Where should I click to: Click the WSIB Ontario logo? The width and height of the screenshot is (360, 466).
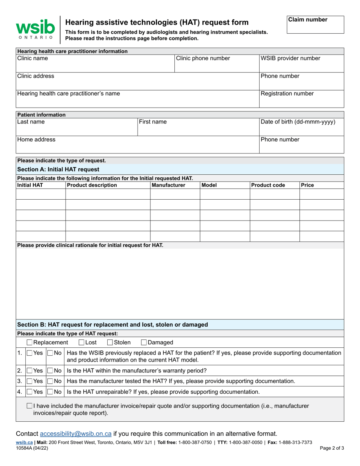pos(35,30)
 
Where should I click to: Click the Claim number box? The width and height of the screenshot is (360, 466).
pos(315,25)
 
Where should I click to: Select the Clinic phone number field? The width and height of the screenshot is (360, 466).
pos(216,64)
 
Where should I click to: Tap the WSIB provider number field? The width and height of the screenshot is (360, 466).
pos(301,64)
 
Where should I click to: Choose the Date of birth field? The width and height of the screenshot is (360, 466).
pos(301,127)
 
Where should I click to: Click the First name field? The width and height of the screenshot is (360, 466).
pos(197,127)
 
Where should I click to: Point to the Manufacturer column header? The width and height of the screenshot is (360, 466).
pos(168,185)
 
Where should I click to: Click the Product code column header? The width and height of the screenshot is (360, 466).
pos(268,185)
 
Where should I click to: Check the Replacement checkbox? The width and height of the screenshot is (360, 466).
pos(30,342)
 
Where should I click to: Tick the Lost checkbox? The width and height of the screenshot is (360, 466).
pos(81,342)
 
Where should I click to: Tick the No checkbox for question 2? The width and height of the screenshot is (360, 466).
pos(50,371)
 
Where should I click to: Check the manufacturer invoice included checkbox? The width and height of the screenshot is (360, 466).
pos(30,406)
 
